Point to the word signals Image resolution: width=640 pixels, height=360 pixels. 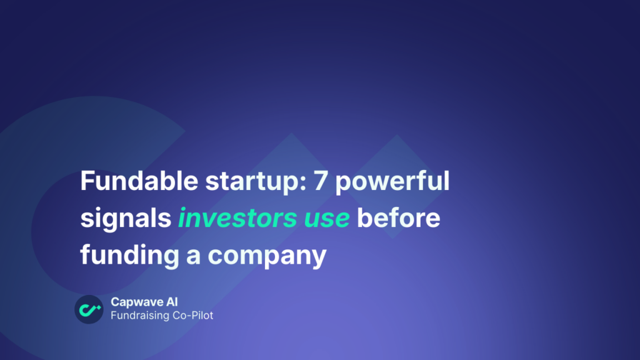point(126,219)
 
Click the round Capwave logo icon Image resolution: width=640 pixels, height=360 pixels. point(89,309)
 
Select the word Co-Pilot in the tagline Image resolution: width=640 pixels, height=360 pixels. point(192,316)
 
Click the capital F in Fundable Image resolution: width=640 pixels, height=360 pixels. point(86,182)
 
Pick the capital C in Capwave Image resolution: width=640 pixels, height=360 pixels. point(115,302)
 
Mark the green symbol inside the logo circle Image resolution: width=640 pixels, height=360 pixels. point(89,309)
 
